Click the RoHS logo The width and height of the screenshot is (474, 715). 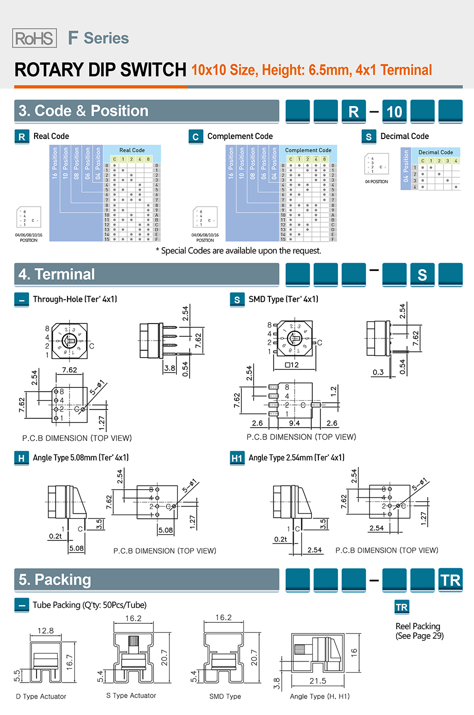[x=34, y=38]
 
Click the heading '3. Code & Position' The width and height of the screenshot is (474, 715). [x=83, y=111]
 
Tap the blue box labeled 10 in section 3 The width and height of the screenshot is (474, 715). [x=394, y=112]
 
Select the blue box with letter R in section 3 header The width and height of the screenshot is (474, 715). [x=353, y=112]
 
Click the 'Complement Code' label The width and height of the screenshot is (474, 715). [x=240, y=137]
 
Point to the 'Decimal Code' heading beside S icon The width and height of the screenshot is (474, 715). [x=404, y=137]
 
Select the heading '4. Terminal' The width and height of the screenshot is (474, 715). [x=57, y=275]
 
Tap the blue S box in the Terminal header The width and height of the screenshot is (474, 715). [x=422, y=275]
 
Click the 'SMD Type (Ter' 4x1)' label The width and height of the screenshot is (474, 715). [x=283, y=299]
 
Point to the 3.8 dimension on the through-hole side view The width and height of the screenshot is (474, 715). [x=170, y=368]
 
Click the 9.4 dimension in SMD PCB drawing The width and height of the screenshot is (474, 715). [x=294, y=423]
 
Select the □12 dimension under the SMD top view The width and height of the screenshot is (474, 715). [x=292, y=365]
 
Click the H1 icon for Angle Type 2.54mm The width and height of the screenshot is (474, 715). [x=237, y=458]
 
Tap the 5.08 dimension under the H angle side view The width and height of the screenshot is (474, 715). [x=76, y=548]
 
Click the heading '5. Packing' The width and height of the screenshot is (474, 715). [x=55, y=580]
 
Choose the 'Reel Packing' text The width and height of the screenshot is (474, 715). [x=418, y=626]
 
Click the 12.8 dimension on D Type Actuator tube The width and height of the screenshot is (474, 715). [x=45, y=631]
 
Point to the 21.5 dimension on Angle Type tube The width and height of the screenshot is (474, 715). [x=317, y=680]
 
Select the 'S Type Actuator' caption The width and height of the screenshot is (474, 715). [x=131, y=695]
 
